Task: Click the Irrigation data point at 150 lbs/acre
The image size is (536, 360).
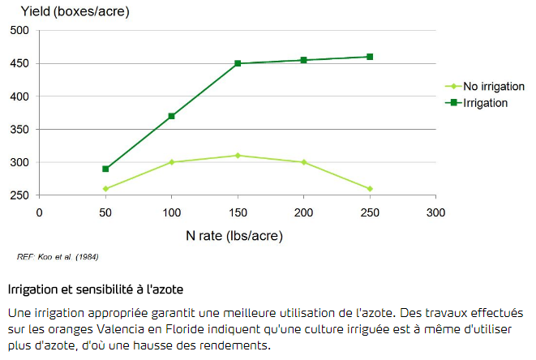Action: pos(238,63)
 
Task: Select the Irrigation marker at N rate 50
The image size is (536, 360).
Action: pos(105,169)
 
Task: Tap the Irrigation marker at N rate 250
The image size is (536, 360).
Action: pos(370,57)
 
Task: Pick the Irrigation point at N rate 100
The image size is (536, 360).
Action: pos(171,116)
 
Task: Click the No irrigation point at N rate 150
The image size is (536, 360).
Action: pos(238,155)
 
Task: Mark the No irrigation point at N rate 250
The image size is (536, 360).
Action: pos(370,189)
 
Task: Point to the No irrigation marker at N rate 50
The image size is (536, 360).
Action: pos(105,189)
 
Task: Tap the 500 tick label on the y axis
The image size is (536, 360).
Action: pos(20,30)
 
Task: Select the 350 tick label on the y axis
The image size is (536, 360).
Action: pos(20,130)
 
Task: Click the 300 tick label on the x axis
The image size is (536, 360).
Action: pos(435,212)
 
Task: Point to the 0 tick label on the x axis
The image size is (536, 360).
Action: pos(39,212)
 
